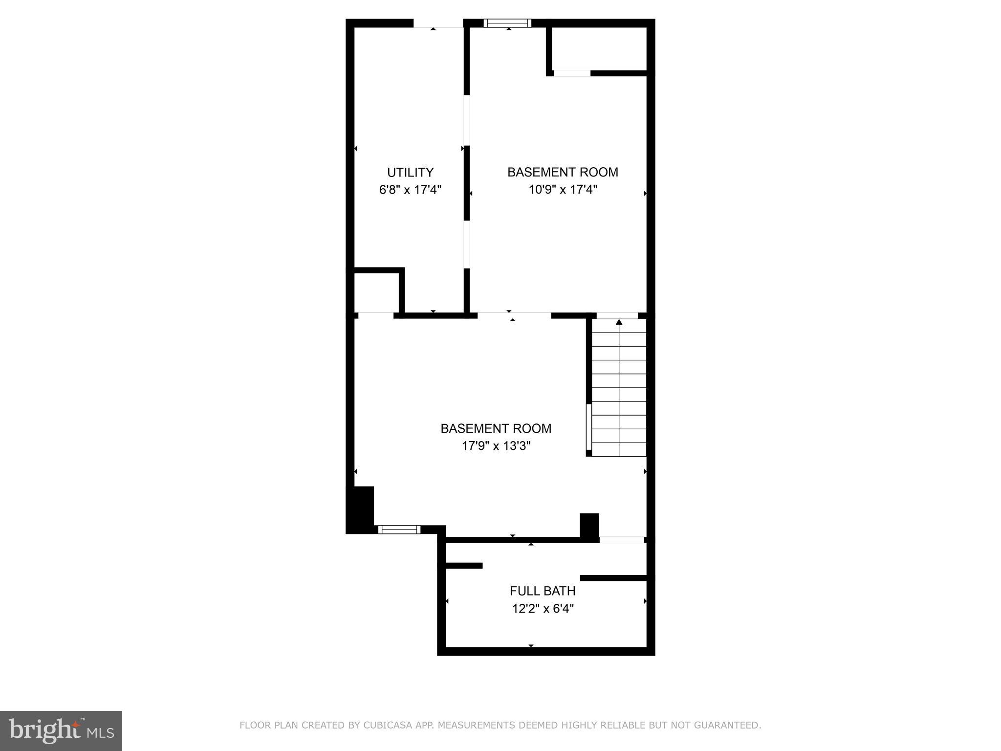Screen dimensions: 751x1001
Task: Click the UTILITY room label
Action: point(410,173)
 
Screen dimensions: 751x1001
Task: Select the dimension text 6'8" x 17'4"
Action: point(410,190)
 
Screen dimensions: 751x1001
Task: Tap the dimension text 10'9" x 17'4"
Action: point(563,190)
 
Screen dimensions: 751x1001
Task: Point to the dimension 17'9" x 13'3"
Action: point(496,446)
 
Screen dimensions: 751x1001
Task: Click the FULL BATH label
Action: point(542,591)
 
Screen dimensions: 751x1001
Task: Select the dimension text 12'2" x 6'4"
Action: point(542,609)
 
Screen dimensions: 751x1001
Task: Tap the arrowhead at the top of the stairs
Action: point(619,322)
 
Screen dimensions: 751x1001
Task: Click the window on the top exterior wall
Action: point(507,23)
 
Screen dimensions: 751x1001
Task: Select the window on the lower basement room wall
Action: point(399,530)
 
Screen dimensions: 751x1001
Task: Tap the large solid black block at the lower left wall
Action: point(360,509)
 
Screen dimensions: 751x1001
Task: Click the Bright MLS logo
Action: point(61,730)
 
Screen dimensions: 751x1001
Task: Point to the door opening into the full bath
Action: point(621,540)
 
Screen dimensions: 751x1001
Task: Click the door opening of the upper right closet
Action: point(572,73)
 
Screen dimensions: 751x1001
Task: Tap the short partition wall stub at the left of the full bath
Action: point(464,566)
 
